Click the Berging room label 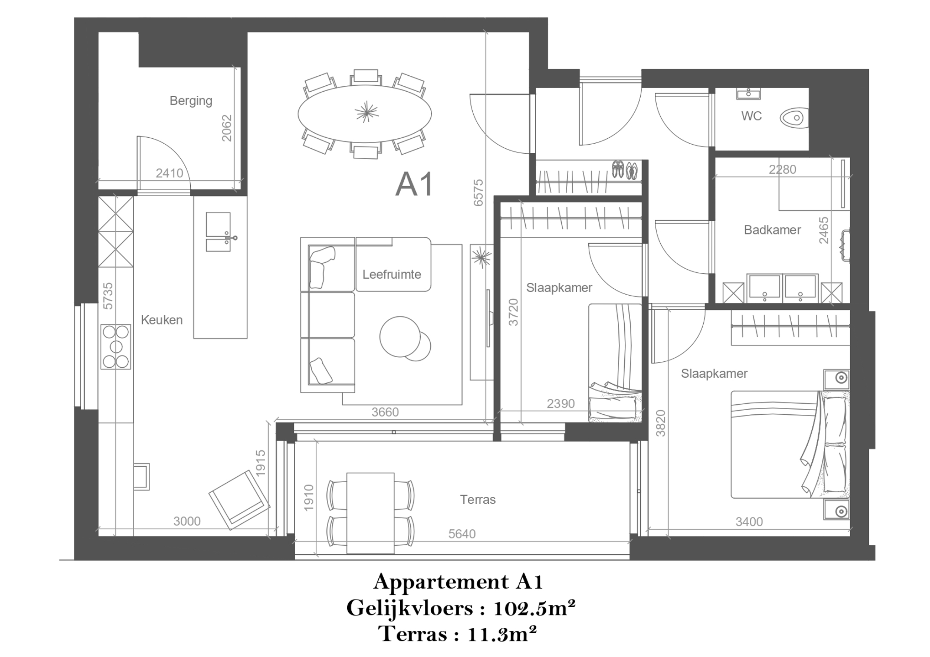click(191, 100)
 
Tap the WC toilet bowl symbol click(794, 118)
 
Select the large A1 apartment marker click(414, 185)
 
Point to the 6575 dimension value click(478, 193)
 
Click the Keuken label click(162, 320)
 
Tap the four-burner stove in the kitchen click(116, 347)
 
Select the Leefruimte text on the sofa click(392, 274)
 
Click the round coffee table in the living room click(400, 337)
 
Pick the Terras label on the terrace click(478, 500)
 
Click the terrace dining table click(370, 513)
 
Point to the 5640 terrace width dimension click(462, 534)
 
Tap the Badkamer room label click(772, 230)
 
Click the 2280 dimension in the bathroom click(782, 169)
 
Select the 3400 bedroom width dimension click(749, 521)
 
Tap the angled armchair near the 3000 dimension click(239, 500)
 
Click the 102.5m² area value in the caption click(534, 608)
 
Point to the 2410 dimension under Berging click(169, 173)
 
